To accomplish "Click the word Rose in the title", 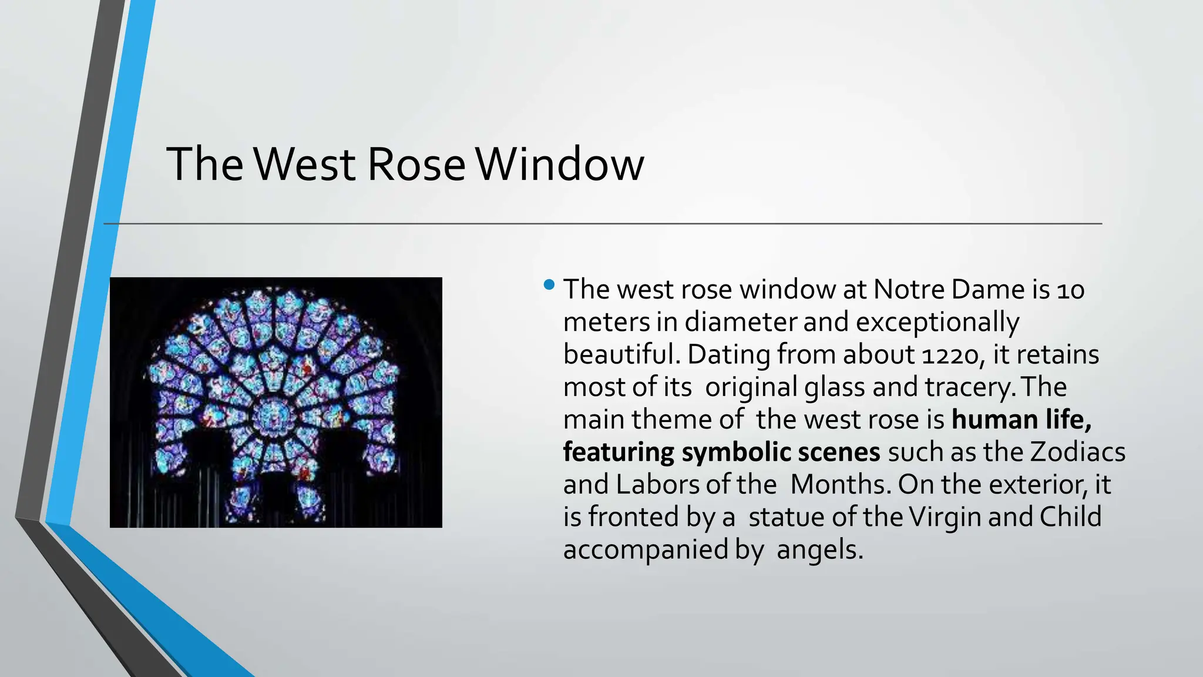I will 416,165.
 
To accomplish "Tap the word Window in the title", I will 559,165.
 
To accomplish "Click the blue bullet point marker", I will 549,286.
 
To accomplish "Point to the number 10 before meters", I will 1070,290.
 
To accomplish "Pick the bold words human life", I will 1021,420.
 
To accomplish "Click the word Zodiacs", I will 1078,453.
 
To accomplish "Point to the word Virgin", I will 945,517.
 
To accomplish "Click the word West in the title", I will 305,165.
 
